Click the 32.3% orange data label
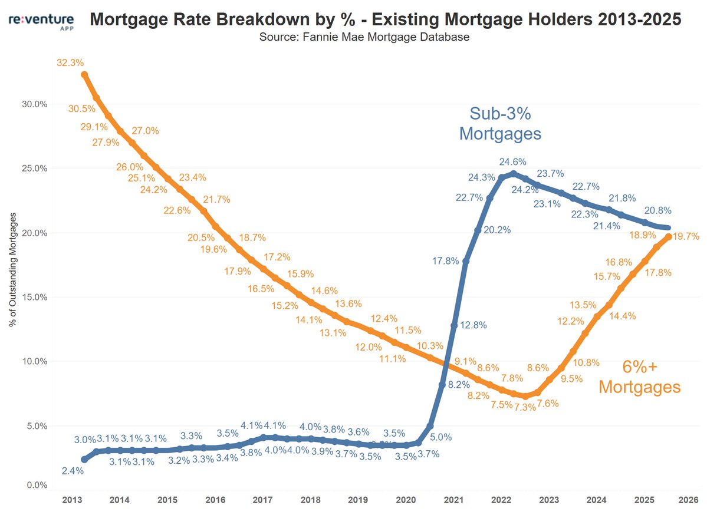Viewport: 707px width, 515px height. point(70,62)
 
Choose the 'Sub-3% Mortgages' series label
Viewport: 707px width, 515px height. point(500,123)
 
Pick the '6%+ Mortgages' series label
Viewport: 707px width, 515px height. point(639,377)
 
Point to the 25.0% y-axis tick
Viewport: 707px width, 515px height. point(34,169)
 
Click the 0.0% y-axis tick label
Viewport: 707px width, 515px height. point(36,486)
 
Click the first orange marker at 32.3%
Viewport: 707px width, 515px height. point(84,75)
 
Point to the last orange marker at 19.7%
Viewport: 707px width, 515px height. point(669,237)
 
